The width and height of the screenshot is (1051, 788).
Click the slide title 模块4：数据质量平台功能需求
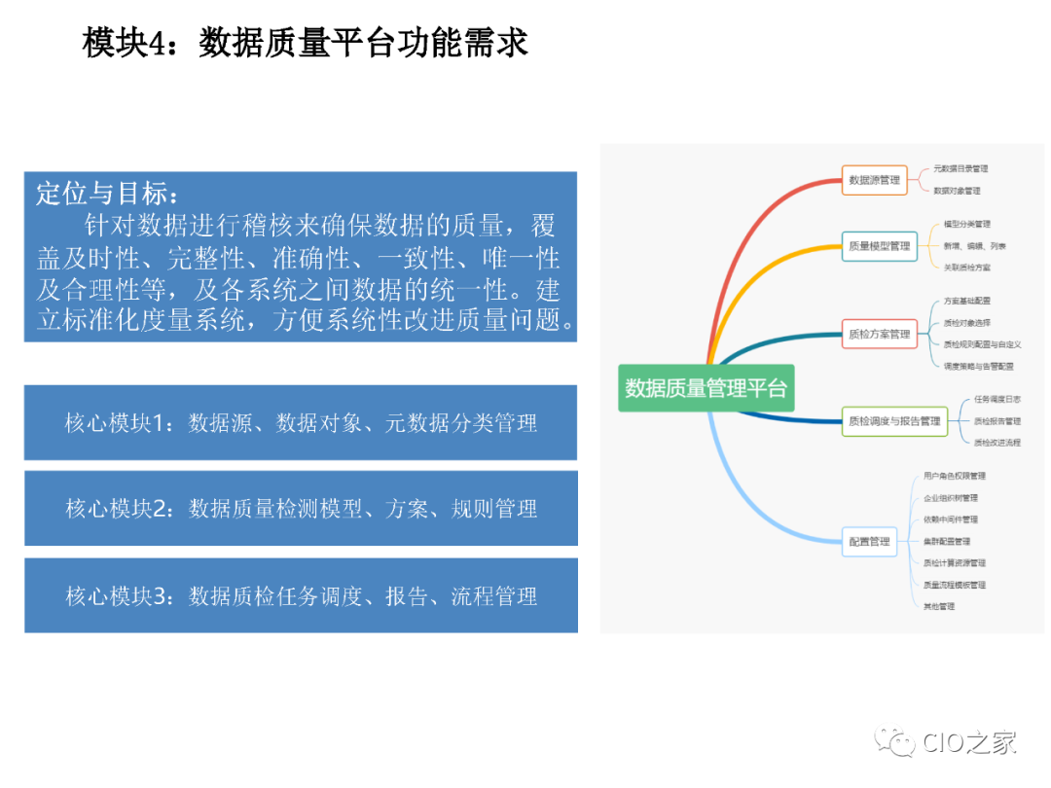pos(306,43)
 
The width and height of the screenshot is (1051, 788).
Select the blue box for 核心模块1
pos(301,422)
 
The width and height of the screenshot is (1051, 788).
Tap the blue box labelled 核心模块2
pos(301,509)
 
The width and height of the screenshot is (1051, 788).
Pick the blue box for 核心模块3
pos(301,595)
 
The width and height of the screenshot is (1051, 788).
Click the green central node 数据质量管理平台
pos(706,388)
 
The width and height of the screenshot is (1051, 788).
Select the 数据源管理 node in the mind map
pos(874,180)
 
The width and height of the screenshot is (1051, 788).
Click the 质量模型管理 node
pos(879,246)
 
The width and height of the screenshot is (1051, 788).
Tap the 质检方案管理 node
pos(879,334)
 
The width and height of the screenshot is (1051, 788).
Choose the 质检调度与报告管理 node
pos(894,421)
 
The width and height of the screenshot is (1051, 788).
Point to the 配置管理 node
pos(869,541)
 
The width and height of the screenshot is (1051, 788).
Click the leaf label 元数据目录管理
pos(960,169)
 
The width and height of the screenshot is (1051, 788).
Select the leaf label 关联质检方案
pos(967,267)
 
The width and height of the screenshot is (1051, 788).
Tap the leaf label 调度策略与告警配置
pos(978,366)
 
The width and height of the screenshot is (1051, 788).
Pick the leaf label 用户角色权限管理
pos(954,477)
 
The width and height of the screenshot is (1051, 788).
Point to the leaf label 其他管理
pos(939,606)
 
